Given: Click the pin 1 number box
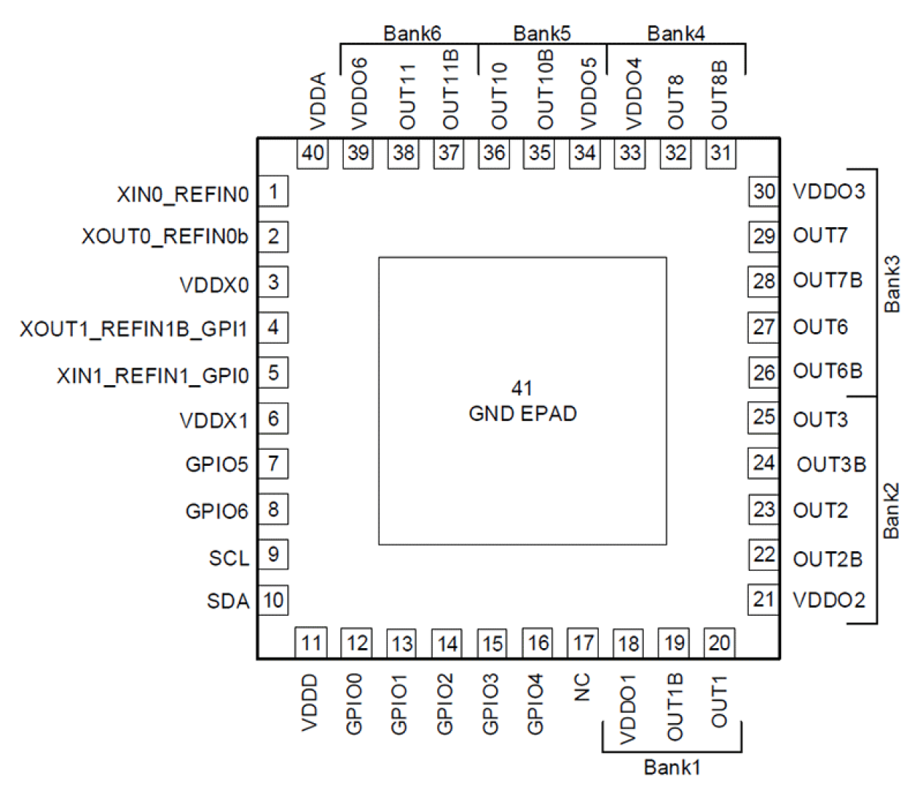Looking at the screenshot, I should click(x=273, y=192).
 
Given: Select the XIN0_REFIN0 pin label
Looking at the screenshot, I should click(x=182, y=194).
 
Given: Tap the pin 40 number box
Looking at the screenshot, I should click(x=312, y=153).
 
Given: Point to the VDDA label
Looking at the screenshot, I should click(x=317, y=101).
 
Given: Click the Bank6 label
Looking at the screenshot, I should click(x=412, y=33).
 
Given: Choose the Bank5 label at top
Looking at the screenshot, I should click(x=542, y=33).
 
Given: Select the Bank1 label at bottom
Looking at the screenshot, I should click(x=672, y=767).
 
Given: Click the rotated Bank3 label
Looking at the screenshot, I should click(x=891, y=284).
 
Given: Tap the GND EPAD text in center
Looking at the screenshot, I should click(x=522, y=414).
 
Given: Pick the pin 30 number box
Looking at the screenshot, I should click(x=764, y=192).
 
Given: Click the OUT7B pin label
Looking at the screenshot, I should click(x=827, y=281).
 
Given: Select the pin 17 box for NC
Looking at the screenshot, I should click(x=583, y=644).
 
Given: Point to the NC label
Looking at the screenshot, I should click(x=581, y=688).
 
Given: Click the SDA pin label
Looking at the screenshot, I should click(x=228, y=601).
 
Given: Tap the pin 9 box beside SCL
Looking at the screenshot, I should click(x=273, y=554).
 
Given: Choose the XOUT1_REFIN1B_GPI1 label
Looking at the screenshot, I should click(x=134, y=328).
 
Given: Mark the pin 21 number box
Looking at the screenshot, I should click(x=764, y=600).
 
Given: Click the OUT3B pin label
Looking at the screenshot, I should click(x=831, y=464).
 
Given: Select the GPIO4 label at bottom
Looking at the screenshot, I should click(x=535, y=704).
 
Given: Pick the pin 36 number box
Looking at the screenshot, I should click(x=494, y=153).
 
